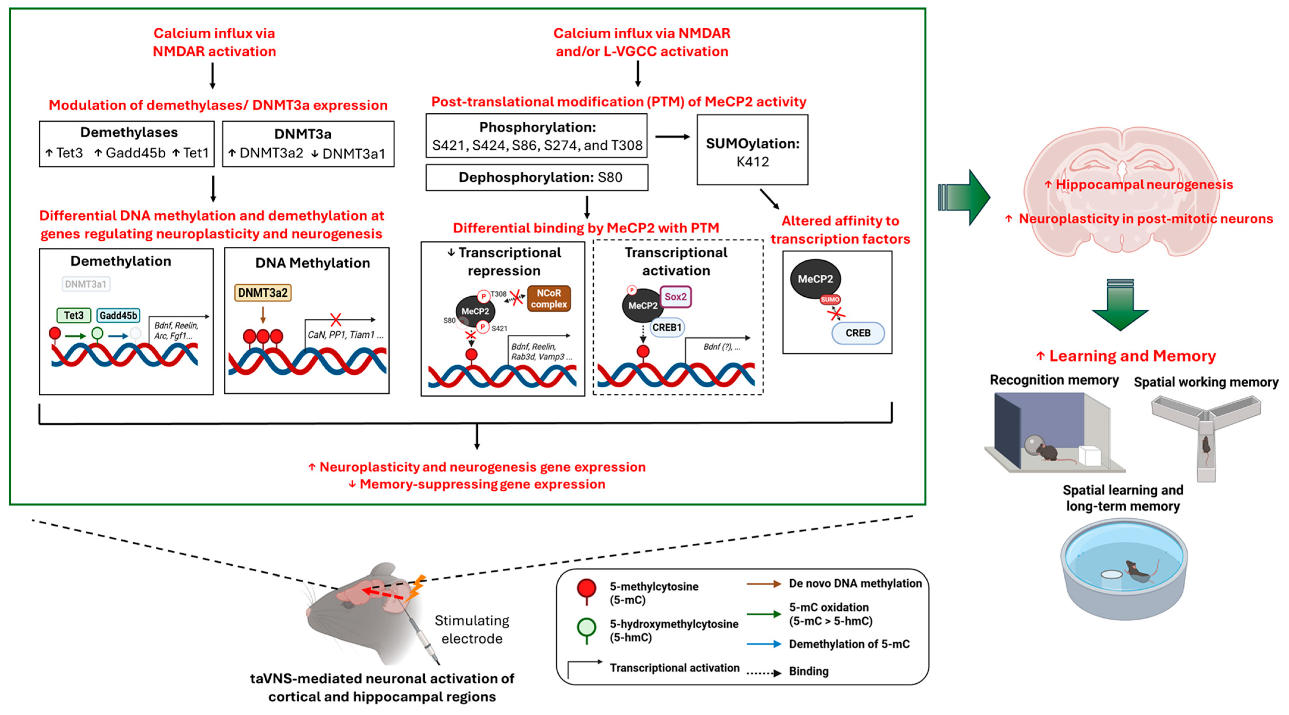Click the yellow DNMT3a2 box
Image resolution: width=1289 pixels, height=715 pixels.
click(x=263, y=293)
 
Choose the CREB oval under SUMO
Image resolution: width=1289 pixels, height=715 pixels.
click(x=858, y=333)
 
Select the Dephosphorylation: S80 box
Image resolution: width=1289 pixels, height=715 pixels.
click(x=537, y=178)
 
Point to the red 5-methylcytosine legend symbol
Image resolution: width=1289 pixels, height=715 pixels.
click(x=587, y=589)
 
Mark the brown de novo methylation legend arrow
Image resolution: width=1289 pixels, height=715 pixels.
click(x=763, y=584)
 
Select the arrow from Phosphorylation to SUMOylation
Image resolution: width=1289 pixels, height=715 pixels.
click(x=672, y=137)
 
